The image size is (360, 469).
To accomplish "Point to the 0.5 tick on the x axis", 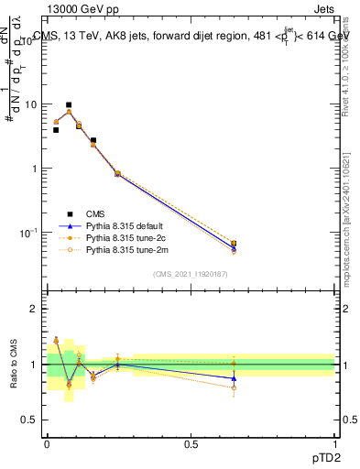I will tap(191, 442).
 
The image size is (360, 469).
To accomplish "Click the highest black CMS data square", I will tap(69, 105).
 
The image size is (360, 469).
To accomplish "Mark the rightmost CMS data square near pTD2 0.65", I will tap(234, 244).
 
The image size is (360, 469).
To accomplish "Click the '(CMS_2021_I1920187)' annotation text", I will tap(191, 274).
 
